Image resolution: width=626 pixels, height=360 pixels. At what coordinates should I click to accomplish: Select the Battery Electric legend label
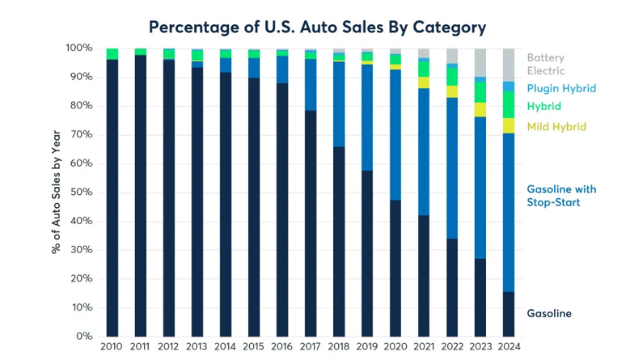tap(546, 64)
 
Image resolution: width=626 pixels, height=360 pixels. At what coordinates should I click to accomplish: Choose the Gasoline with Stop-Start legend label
tap(561, 195)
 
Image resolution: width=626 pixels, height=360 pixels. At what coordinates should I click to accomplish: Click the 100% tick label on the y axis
tap(79, 49)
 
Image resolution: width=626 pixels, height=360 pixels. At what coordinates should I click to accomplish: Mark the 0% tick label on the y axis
tap(85, 337)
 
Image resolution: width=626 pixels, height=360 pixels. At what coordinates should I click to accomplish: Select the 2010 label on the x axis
tap(112, 347)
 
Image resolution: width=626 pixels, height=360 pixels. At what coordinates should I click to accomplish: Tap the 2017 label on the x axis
tap(311, 347)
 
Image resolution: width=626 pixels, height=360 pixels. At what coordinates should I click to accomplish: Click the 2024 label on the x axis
tap(509, 347)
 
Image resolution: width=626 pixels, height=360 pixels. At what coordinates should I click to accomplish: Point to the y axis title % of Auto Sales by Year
tap(57, 193)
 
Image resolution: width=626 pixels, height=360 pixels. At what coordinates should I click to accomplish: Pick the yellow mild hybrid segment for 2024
tap(509, 125)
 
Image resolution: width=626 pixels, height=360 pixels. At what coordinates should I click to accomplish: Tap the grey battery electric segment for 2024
tap(509, 65)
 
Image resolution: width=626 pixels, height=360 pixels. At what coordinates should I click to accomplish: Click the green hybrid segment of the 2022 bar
tap(452, 76)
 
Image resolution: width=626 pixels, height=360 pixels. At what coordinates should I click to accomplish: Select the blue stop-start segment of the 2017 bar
tap(311, 85)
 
